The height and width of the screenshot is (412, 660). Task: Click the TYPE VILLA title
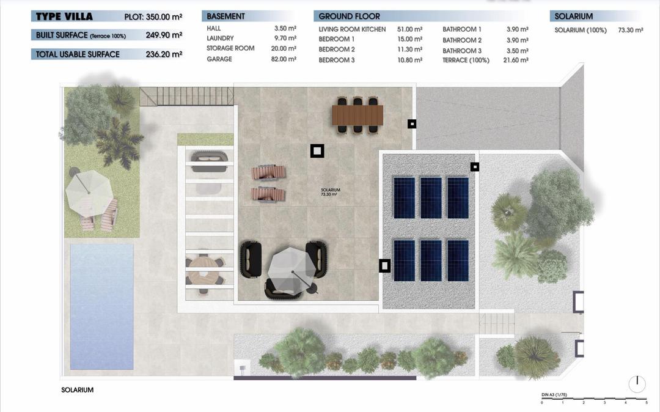click(x=64, y=17)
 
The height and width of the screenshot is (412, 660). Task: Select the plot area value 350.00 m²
click(x=164, y=17)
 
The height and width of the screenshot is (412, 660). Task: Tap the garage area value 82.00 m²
click(x=285, y=59)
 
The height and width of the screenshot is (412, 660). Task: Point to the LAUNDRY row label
click(x=220, y=39)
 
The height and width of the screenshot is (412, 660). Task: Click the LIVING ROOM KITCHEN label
click(x=352, y=29)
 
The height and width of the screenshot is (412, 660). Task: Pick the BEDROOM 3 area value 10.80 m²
click(x=410, y=60)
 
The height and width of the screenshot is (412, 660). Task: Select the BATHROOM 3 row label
click(x=462, y=51)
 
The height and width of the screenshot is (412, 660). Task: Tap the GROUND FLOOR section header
click(x=349, y=17)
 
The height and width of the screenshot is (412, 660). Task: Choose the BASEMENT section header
click(x=226, y=17)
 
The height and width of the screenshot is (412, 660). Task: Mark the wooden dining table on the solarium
click(x=358, y=114)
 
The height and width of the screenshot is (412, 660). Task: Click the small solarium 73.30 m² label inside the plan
click(x=330, y=192)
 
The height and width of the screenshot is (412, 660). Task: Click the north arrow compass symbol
click(x=637, y=383)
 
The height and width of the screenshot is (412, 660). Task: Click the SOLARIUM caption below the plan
click(x=78, y=390)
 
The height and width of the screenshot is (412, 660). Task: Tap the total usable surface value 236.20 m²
click(x=164, y=54)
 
